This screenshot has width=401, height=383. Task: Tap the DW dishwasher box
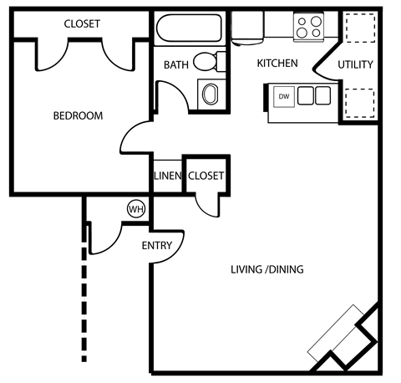[283, 95]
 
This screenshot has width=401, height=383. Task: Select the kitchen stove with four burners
[309, 27]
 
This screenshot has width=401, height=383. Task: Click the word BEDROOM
[78, 116]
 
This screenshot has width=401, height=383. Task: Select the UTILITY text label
[355, 64]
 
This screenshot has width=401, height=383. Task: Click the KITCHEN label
[277, 64]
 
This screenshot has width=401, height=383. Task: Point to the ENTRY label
[156, 245]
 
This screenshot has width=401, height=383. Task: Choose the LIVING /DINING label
[266, 269]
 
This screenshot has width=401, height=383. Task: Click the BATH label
[175, 64]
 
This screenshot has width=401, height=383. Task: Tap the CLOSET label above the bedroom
[82, 24]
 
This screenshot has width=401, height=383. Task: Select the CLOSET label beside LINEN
[206, 176]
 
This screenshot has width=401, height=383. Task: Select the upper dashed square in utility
[357, 29]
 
